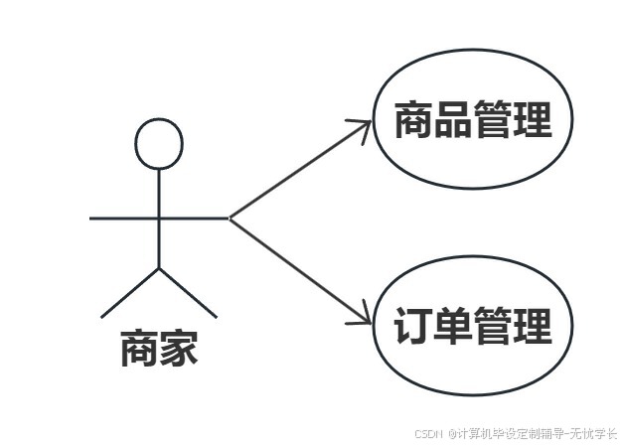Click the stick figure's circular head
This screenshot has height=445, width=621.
159,144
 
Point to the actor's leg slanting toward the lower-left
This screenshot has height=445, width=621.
129,292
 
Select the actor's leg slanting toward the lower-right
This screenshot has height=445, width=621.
189,292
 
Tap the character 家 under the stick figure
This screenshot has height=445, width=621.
180,349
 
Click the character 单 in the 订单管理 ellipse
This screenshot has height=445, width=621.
453,326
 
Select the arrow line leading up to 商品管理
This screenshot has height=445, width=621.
298,170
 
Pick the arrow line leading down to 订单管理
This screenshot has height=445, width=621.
298,269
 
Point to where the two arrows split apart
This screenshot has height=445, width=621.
231,217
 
